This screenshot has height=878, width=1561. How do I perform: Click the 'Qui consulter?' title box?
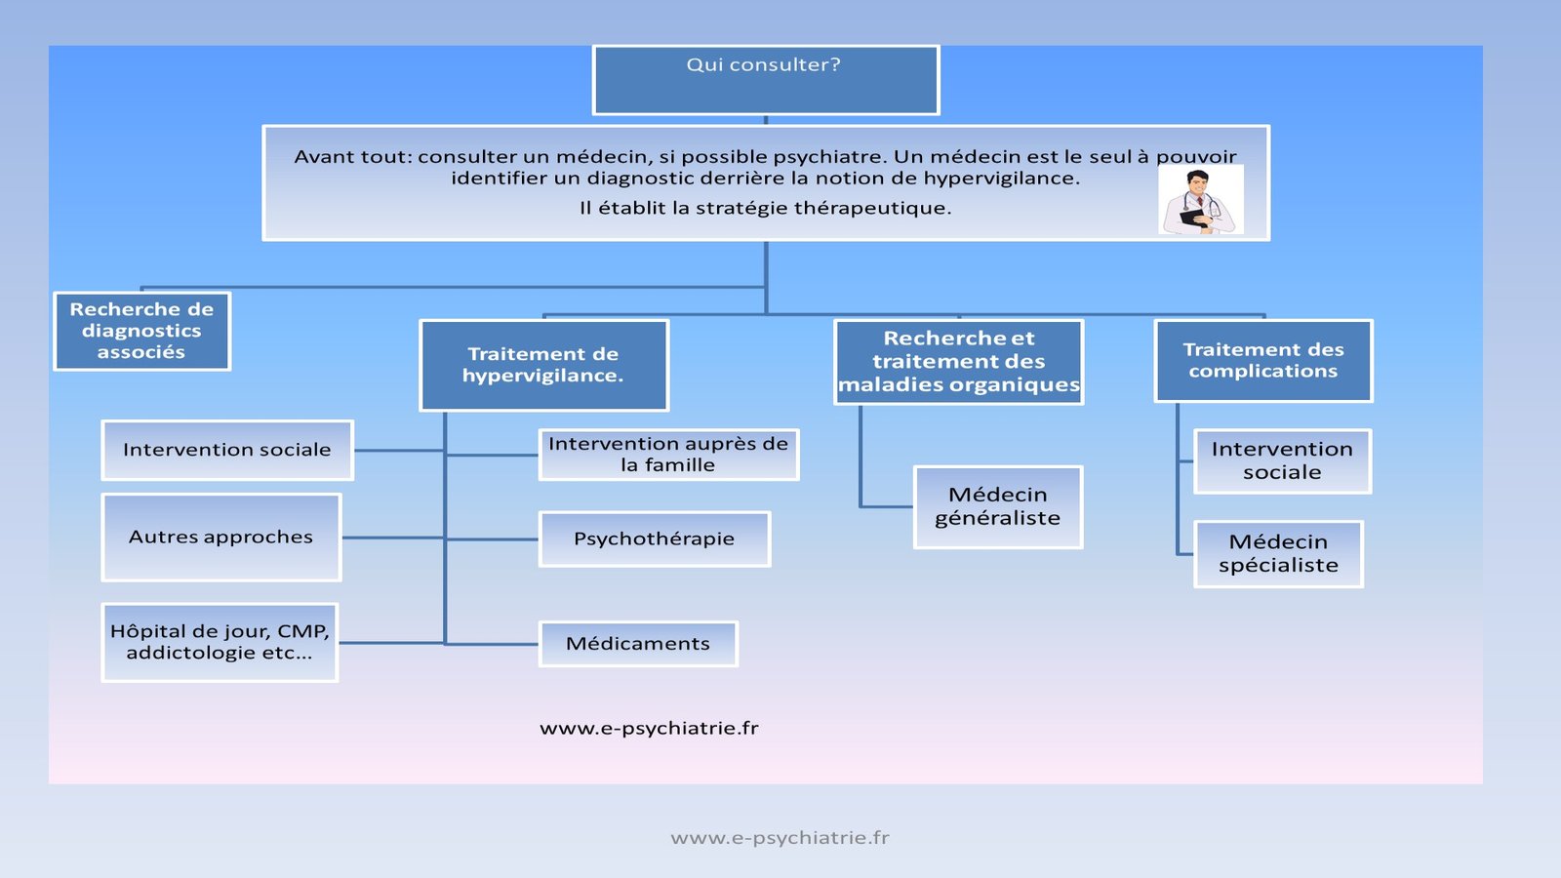766,80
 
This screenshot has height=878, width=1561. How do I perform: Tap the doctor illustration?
1201,200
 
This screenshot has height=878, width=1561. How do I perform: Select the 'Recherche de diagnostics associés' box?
141,331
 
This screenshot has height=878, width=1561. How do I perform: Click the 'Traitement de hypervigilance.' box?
543,365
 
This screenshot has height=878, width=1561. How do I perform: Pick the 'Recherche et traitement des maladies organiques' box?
958,362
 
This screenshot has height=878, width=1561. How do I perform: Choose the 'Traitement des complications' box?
1262,360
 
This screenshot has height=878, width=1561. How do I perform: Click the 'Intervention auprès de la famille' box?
668,455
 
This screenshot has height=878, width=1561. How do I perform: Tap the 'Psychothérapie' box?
654,539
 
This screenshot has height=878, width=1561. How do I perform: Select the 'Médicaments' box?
638,644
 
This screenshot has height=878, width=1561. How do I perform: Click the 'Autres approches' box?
221,537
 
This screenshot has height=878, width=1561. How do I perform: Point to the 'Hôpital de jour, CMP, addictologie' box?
220,642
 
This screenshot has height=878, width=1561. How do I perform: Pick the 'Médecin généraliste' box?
997,506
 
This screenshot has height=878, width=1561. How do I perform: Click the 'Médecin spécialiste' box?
1278,553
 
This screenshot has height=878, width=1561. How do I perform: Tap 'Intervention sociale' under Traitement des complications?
1282,460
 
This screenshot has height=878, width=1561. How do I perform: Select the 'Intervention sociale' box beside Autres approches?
227,450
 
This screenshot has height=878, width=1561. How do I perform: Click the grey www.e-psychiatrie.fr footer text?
780,837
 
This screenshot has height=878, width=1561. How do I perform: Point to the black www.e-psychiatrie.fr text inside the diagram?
649,728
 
